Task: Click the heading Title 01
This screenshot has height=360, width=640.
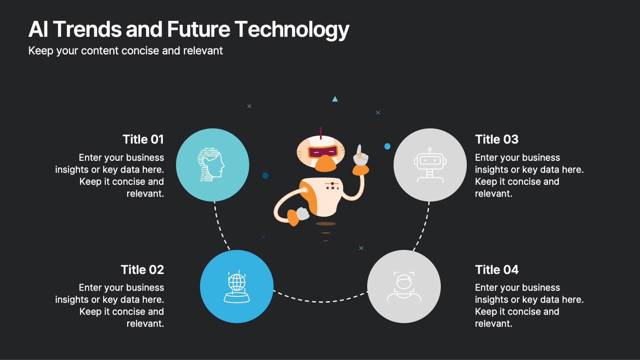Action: (x=143, y=139)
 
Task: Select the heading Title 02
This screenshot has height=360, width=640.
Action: (x=142, y=270)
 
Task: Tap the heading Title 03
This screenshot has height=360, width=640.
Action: (x=496, y=139)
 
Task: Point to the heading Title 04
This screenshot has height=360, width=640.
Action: (x=496, y=270)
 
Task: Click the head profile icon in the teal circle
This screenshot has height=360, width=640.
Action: (x=211, y=165)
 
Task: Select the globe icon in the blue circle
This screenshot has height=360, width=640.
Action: (x=236, y=286)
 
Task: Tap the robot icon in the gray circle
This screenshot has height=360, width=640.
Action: (x=430, y=165)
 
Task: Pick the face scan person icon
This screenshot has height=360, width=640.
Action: (x=404, y=286)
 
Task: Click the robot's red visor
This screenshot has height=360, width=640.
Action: (x=322, y=152)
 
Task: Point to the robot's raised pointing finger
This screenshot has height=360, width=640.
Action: (x=359, y=150)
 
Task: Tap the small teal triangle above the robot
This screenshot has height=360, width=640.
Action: (x=335, y=99)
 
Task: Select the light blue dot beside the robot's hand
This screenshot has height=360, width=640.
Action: (x=387, y=146)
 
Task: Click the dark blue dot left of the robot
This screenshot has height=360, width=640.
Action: (x=265, y=175)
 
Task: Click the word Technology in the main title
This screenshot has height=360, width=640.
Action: (x=292, y=30)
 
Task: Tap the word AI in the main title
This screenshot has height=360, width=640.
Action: (x=38, y=30)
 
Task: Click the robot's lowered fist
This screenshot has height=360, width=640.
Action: (x=303, y=214)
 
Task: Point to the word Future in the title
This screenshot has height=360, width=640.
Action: (x=198, y=30)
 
